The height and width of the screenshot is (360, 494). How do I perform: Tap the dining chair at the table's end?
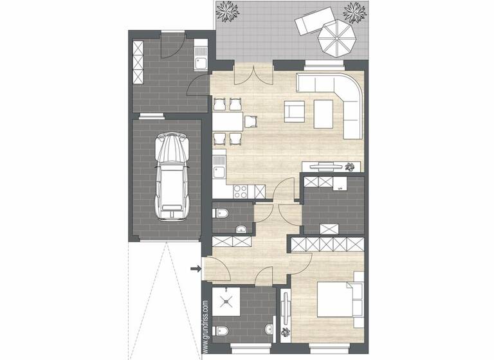(251, 120)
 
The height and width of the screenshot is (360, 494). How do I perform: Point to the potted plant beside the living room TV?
(350, 166)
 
